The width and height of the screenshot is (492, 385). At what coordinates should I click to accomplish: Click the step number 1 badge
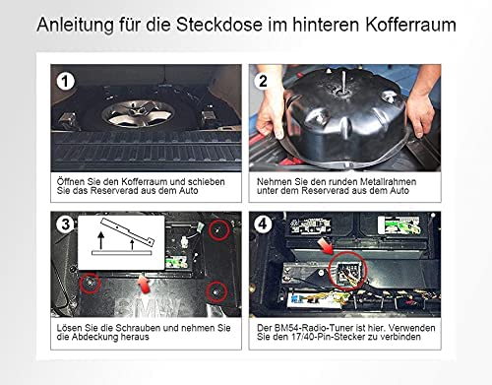pos(65,81)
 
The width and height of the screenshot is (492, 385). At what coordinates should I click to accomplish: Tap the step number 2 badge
pos(263,81)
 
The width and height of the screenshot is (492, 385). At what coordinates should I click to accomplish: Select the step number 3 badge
pos(65,225)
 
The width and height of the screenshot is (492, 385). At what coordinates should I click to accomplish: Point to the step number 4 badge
pos(263,225)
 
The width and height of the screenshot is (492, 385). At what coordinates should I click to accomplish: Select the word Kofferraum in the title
pos(410,25)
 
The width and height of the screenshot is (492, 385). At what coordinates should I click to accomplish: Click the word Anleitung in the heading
pos(76,26)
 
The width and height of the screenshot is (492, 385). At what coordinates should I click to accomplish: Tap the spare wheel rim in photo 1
pos(138,114)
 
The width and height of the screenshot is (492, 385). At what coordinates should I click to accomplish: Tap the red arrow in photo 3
pos(144,285)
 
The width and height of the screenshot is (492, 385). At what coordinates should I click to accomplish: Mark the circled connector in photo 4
pos(347,271)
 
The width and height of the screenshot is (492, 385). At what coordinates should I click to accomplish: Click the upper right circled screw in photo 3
pos(219,230)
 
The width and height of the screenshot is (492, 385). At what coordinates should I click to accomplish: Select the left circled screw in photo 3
pos(90,283)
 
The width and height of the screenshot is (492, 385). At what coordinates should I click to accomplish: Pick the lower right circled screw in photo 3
pos(216,291)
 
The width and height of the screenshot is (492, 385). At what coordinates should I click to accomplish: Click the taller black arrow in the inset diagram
pos(101,240)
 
